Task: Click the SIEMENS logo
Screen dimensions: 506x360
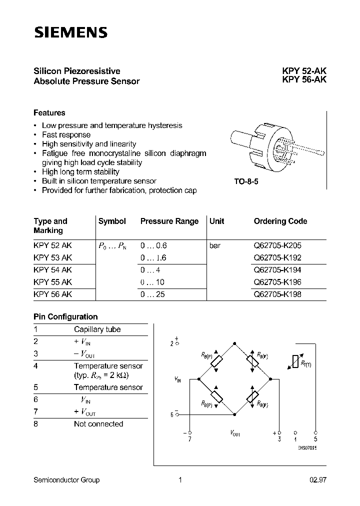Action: point(70,33)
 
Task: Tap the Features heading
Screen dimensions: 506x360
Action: point(49,113)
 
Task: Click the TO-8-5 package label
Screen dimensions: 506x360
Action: point(246,182)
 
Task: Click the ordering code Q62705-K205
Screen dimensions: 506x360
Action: point(277,246)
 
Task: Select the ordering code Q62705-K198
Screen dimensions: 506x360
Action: point(277,294)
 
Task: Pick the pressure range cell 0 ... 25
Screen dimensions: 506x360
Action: point(152,294)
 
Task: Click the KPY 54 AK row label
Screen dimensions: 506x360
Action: point(53,270)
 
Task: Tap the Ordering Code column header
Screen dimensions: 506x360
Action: point(280,221)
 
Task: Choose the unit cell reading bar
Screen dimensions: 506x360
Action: point(215,246)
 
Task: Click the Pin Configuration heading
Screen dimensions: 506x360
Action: point(65,316)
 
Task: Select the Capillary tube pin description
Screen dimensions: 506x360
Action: point(97,329)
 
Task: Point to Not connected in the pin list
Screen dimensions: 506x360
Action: point(98,424)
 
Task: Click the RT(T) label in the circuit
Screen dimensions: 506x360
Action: point(306,363)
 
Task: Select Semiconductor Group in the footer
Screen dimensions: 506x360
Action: point(66,480)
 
